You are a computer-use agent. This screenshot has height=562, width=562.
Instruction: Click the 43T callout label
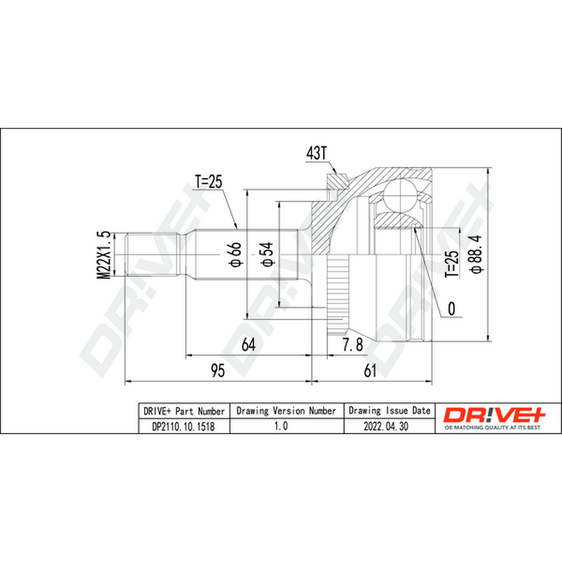(x=317, y=153)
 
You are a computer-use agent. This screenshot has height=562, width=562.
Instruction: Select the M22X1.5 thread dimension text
(x=104, y=255)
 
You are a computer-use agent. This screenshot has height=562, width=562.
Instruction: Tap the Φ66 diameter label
(x=235, y=254)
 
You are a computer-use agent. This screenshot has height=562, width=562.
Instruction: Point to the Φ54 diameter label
(x=267, y=254)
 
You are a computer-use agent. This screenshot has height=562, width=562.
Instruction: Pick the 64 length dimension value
(x=249, y=344)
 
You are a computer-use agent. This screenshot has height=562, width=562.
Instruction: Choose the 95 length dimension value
(x=218, y=371)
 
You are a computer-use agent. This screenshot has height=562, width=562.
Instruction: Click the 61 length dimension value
(x=370, y=371)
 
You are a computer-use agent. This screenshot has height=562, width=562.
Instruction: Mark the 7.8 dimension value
(x=353, y=344)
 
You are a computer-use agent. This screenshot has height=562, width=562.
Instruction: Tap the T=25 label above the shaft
(x=208, y=181)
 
